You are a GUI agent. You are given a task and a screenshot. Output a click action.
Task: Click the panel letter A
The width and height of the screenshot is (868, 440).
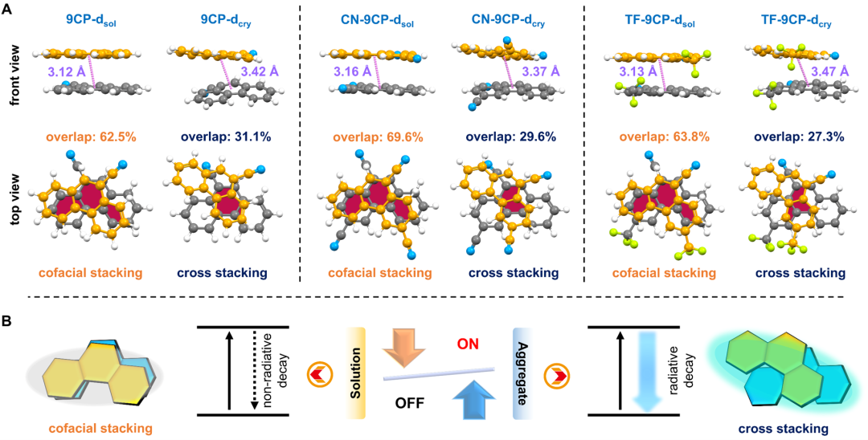point(7,10)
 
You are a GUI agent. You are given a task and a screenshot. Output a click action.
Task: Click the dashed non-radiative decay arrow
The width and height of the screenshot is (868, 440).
point(254,370)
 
